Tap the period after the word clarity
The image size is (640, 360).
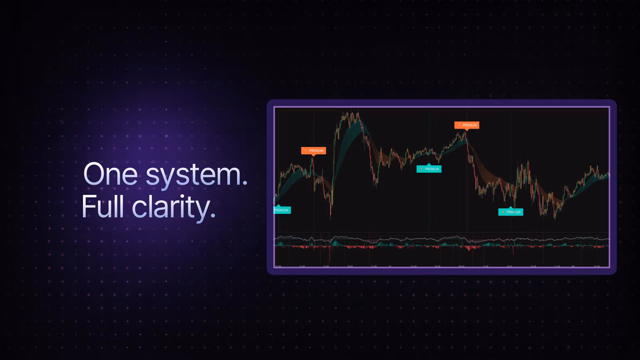(213, 216)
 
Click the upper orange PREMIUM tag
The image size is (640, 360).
(467, 125)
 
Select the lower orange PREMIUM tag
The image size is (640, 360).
(313, 151)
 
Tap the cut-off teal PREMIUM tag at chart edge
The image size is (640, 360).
(282, 210)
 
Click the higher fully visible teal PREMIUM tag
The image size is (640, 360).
(429, 169)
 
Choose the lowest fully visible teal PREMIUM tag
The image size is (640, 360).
(511, 212)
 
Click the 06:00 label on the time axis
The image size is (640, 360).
(438, 266)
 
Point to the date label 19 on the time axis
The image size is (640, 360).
(390, 266)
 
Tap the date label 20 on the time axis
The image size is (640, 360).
(573, 266)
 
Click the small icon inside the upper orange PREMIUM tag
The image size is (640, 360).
(459, 125)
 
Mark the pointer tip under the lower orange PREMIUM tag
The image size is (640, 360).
(313, 156)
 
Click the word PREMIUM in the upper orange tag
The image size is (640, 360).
(470, 125)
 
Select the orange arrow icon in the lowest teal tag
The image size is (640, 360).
(503, 212)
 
